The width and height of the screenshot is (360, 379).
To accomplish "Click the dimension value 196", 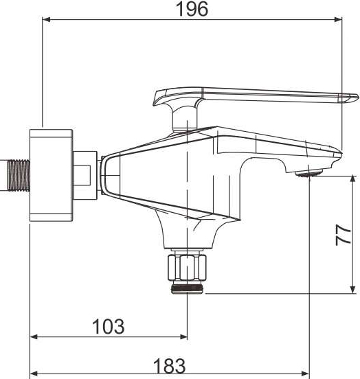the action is pyautogui.click(x=192, y=9).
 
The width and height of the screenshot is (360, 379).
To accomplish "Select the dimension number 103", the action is pyautogui.click(x=109, y=327).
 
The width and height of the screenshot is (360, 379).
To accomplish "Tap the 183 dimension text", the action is pyautogui.click(x=170, y=366).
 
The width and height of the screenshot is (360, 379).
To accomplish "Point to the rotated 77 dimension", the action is pyautogui.click(x=344, y=236).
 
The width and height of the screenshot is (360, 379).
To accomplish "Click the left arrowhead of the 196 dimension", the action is pyautogui.click(x=46, y=19).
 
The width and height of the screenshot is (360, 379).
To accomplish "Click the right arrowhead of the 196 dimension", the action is pyautogui.click(x=338, y=19).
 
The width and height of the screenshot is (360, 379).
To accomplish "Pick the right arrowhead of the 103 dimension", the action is pyautogui.click(x=183, y=336).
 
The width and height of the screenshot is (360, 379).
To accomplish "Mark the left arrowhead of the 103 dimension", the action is pyautogui.click(x=34, y=336).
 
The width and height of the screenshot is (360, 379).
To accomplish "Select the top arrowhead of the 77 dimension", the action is pyautogui.click(x=353, y=179).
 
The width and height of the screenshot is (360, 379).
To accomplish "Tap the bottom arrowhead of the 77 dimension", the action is pyautogui.click(x=353, y=290).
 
